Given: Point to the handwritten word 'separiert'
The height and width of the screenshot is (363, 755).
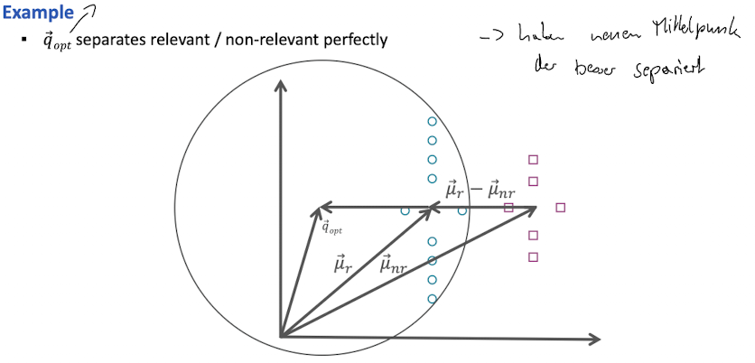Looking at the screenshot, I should point(668,68).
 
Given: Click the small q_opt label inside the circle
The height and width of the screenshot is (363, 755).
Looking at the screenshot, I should point(331,228).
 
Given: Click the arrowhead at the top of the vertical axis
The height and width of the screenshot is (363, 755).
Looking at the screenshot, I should point(281,87).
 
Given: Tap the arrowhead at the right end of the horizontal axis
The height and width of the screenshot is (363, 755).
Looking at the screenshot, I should point(594,339).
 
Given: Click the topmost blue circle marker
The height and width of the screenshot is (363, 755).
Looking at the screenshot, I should point(432,121).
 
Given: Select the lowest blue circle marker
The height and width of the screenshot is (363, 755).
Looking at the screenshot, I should point(432,299).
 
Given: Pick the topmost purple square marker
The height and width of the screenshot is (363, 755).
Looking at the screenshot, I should point(533,160).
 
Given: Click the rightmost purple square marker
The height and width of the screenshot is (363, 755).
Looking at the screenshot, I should point(561,208).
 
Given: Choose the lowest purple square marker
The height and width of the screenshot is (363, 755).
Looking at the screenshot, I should point(533,257).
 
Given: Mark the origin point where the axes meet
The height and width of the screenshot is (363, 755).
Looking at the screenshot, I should point(282,337).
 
